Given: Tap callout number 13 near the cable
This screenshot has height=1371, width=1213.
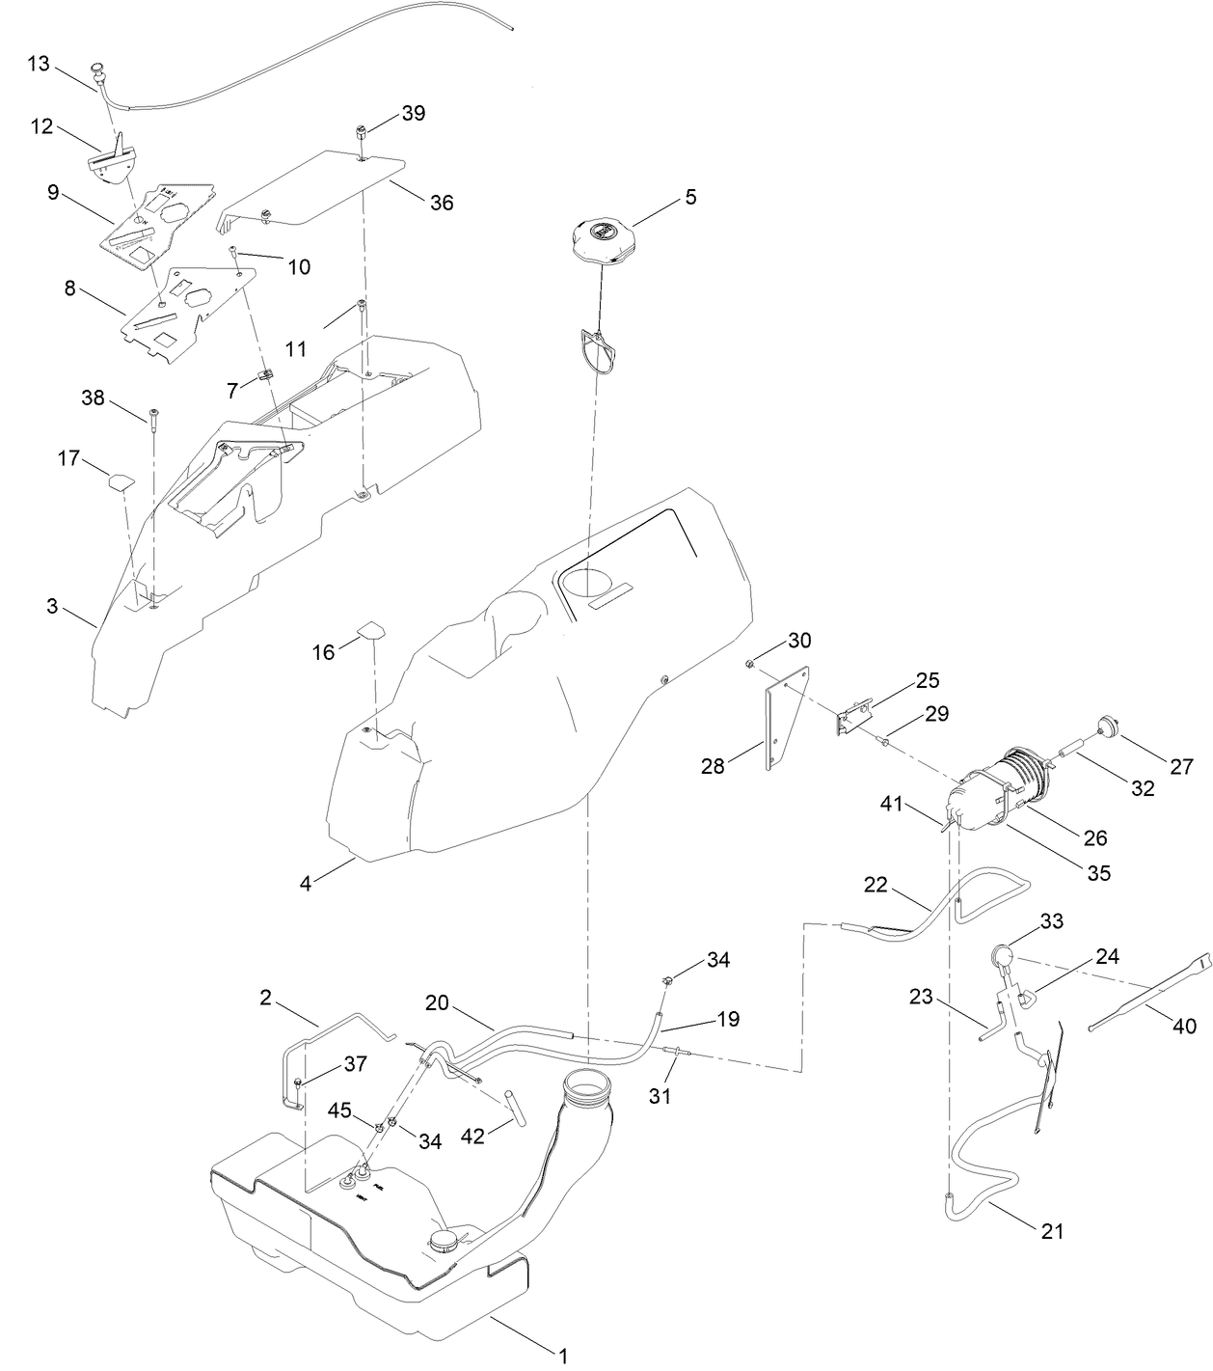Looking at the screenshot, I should [39, 64].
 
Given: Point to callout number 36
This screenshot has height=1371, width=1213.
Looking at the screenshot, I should [442, 203].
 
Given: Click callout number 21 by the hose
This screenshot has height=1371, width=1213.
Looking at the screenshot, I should [1053, 1231].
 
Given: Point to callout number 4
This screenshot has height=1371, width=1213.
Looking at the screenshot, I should [306, 883].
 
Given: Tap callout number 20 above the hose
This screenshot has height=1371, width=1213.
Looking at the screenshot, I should [438, 1003].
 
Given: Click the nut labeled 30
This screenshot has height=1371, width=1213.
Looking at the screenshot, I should [749, 664].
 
